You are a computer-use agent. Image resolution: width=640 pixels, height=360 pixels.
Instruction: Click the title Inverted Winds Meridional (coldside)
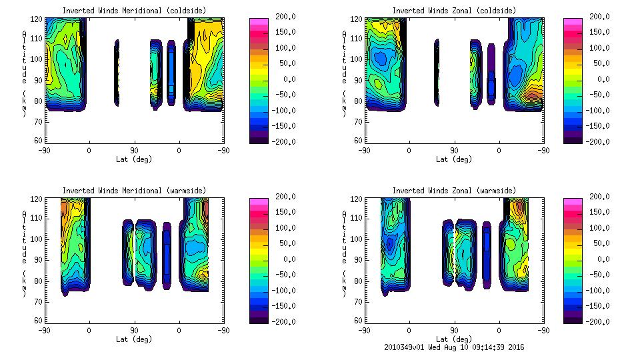[134, 10]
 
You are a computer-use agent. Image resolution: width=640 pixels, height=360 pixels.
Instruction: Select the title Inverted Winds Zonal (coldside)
[454, 10]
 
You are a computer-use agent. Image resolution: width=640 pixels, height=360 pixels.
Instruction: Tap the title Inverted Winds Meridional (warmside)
[134, 190]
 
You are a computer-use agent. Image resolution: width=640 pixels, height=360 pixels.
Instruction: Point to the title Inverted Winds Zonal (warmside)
[454, 190]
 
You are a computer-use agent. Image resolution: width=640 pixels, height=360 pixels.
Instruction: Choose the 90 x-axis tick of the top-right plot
[454, 151]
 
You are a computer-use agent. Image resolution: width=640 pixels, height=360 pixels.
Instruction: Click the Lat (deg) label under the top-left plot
[134, 159]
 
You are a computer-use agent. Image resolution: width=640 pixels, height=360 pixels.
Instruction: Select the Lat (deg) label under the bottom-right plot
[454, 339]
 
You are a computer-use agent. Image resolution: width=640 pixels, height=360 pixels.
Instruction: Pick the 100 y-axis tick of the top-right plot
[358, 59]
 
